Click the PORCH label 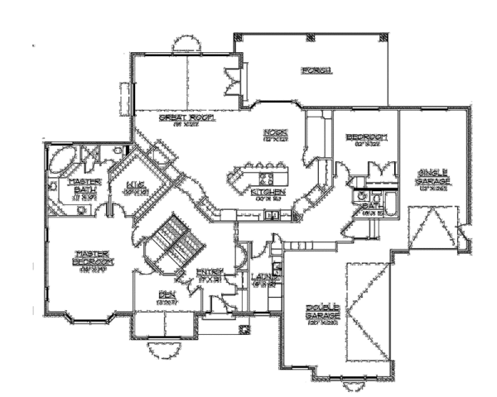pos(316,70)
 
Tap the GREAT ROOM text pos(186,118)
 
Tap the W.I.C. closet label pos(135,187)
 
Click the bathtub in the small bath pos(386,200)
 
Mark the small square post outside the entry pos(244,329)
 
